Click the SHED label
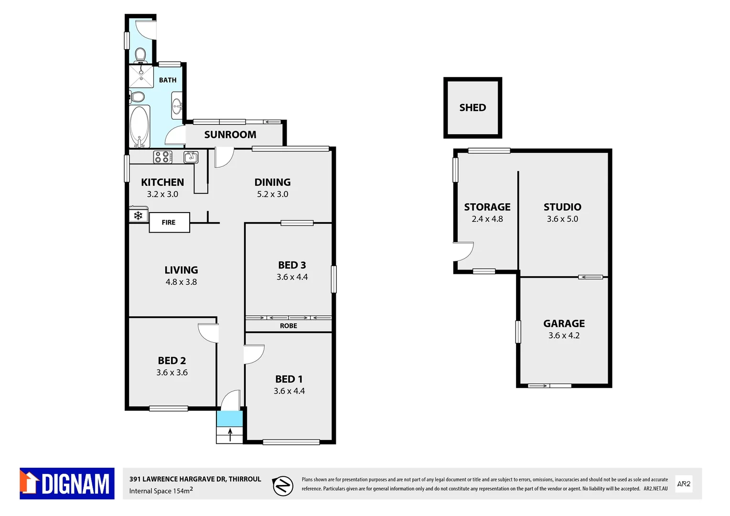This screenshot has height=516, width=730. pyautogui.click(x=472, y=108)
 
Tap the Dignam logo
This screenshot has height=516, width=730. pyautogui.click(x=67, y=484)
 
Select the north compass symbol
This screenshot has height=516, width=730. pyautogui.click(x=282, y=486)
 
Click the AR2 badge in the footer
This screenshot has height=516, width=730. pyautogui.click(x=684, y=484)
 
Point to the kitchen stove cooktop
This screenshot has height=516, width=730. pyautogui.click(x=162, y=157)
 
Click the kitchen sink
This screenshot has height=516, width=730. pyautogui.click(x=191, y=157)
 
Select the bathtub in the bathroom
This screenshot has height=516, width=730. pyautogui.click(x=140, y=127)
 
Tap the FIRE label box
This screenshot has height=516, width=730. pyautogui.click(x=169, y=223)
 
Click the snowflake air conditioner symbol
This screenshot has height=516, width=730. pyautogui.click(x=138, y=215)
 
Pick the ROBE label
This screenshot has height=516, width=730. pyautogui.click(x=289, y=326)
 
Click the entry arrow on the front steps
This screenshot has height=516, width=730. pyautogui.click(x=230, y=435)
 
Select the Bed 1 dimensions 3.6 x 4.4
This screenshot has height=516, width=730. pyautogui.click(x=289, y=391)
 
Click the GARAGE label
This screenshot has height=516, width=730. pyautogui.click(x=564, y=324)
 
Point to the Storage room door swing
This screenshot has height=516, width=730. pyautogui.click(x=463, y=251)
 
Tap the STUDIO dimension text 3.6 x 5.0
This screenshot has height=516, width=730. pyautogui.click(x=562, y=219)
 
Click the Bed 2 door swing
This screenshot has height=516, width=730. pyautogui.click(x=209, y=333)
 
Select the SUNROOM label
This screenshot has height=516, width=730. pyautogui.click(x=230, y=135)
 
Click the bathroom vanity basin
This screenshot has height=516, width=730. pyautogui.click(x=177, y=106)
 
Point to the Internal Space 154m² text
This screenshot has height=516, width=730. pyautogui.click(x=161, y=491)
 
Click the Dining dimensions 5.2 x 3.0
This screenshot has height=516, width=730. pyautogui.click(x=272, y=194)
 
